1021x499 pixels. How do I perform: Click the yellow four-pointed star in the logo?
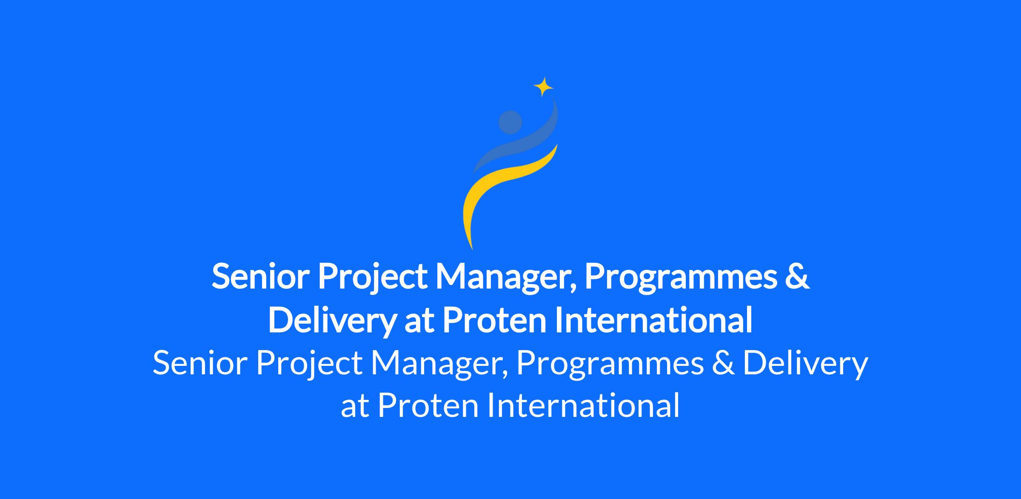coord(543,87)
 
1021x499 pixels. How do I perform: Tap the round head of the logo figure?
coord(510,122)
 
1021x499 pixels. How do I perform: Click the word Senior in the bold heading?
coord(260,277)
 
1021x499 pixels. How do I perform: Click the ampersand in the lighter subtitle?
coord(724,363)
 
